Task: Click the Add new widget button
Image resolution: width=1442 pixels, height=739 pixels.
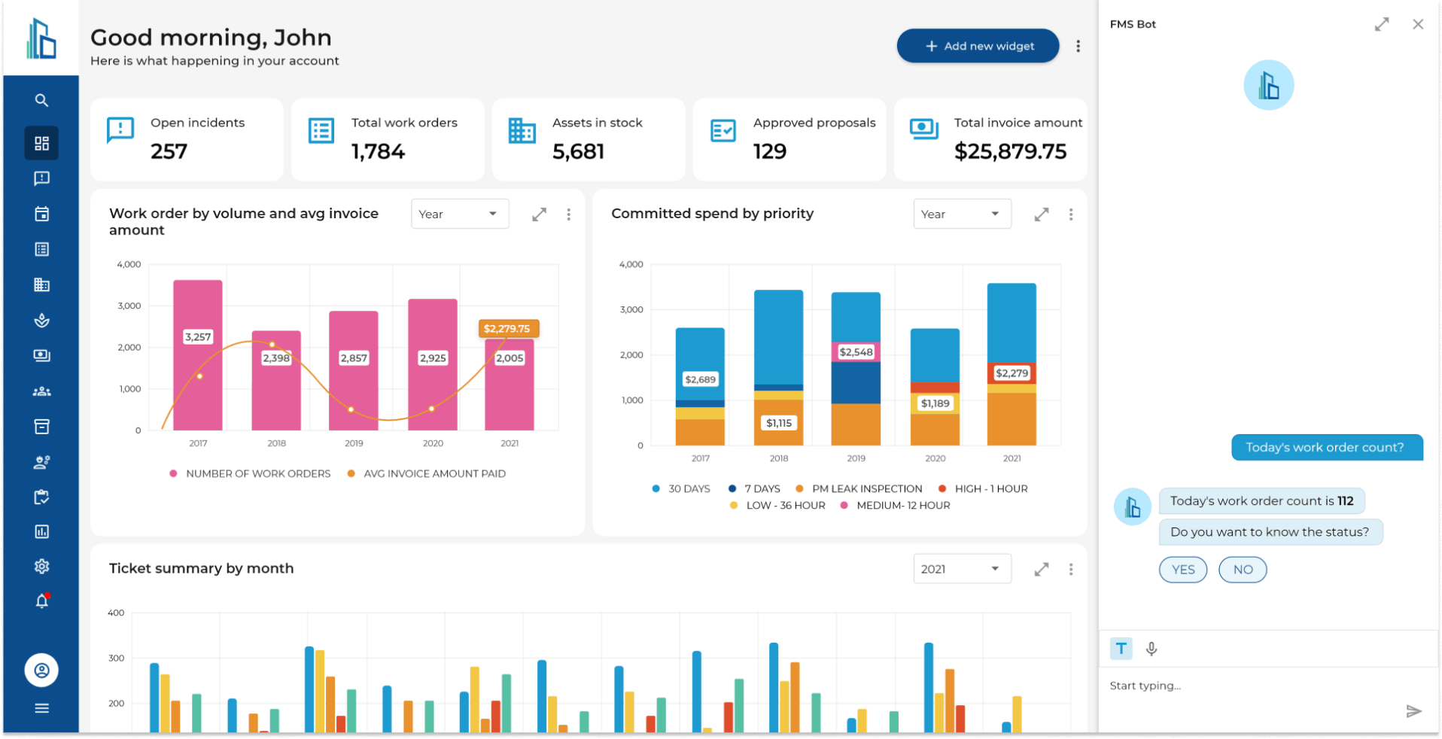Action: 978,46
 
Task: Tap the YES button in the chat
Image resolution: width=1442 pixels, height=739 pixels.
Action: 1182,570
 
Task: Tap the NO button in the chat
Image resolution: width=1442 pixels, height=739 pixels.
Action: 1243,570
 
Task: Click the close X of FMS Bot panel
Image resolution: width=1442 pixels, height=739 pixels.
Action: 1418,24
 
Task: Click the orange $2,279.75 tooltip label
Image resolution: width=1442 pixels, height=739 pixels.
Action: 508,329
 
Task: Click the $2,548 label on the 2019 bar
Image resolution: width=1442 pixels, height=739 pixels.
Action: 856,352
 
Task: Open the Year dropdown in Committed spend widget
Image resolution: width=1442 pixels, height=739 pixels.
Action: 961,214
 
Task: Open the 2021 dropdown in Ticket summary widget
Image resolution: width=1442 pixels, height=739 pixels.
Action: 961,570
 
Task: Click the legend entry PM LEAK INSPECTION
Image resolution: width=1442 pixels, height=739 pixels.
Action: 866,489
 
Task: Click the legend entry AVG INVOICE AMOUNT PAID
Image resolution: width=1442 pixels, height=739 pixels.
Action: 434,474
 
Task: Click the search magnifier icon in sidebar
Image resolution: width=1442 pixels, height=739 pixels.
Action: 41,100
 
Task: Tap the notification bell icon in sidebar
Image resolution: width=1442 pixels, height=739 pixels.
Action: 41,601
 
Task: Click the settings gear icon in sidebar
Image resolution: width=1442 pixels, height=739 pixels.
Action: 41,567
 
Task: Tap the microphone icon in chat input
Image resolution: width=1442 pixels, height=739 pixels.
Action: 1151,649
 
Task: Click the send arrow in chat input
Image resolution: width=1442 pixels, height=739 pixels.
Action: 1413,711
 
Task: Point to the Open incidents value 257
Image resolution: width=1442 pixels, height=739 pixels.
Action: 169,152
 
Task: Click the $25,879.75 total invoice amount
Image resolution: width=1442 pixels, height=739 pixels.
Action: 1010,152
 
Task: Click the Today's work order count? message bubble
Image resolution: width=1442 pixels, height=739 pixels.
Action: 1326,448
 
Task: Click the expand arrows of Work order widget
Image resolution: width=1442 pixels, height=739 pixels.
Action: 539,214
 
